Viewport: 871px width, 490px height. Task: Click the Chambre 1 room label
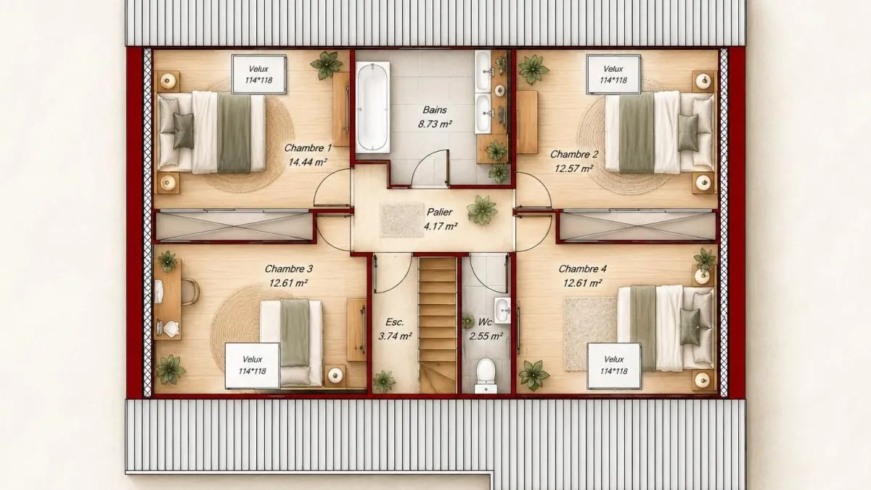(308, 148)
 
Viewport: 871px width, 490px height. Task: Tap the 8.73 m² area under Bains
(435, 124)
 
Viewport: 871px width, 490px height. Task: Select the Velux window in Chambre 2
(613, 74)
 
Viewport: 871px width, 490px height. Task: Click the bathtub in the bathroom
(372, 107)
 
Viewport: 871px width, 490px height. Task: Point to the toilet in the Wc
(486, 376)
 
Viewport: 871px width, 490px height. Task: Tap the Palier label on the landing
(439, 212)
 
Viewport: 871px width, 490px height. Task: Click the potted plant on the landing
(482, 210)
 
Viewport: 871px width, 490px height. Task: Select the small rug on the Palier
(401, 220)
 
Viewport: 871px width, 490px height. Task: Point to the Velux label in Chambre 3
(253, 359)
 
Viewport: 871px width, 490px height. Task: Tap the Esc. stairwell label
(395, 322)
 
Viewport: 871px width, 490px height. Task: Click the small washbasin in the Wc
(502, 311)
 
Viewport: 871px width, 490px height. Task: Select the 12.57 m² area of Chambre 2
(574, 168)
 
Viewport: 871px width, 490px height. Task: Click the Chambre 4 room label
(582, 269)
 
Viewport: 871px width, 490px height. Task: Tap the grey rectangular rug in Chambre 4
(590, 334)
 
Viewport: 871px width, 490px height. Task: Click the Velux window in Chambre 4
(614, 366)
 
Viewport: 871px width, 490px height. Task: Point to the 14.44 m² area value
(307, 162)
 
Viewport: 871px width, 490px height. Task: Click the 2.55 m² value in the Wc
(486, 336)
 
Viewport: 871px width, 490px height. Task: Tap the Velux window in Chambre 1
(259, 74)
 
